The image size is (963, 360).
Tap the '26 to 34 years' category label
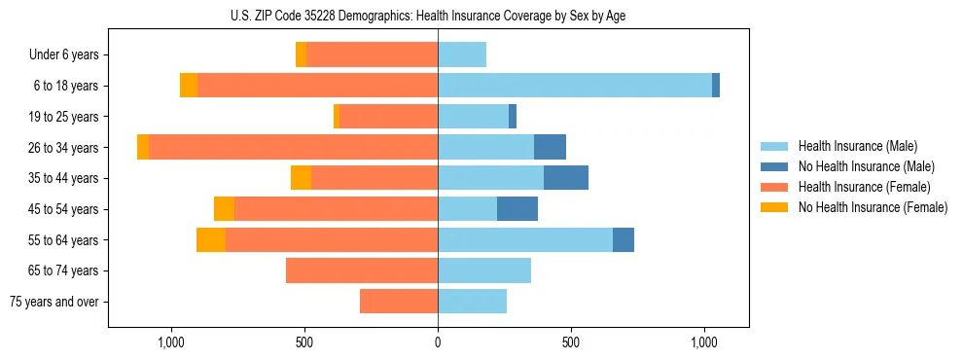[64, 148]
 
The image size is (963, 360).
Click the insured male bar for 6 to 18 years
[574, 86]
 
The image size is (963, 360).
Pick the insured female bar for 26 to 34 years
[293, 147]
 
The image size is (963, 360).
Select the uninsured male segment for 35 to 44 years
[566, 178]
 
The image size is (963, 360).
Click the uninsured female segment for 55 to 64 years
[211, 240]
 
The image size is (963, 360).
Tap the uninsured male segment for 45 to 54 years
[517, 209]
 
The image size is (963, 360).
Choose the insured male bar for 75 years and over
[472, 302]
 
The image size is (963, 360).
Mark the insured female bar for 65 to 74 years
[362, 270]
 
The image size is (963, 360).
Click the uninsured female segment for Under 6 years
[301, 55]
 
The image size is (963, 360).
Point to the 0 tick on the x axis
[438, 342]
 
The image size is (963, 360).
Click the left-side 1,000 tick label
[170, 342]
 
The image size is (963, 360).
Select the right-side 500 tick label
[571, 342]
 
